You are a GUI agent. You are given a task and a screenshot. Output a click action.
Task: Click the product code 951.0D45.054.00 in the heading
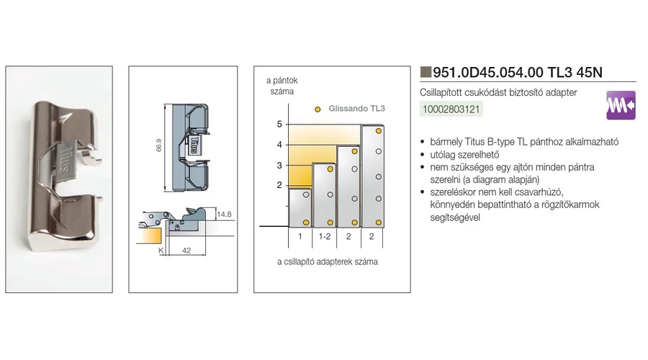tap(488, 72)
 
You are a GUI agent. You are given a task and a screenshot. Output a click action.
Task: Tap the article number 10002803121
tap(451, 109)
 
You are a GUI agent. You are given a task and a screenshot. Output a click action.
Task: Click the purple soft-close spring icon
tap(621, 105)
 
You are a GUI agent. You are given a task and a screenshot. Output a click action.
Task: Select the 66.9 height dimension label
tap(159, 145)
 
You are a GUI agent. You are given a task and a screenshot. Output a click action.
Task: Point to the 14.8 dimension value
tap(224, 214)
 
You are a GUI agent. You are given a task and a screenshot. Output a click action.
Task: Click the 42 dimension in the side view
tap(186, 251)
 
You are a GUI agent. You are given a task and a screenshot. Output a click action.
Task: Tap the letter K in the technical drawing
tap(161, 251)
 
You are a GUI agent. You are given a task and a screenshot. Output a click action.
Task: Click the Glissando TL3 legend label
tap(356, 109)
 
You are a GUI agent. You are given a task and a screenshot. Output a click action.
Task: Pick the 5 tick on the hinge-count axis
tap(279, 124)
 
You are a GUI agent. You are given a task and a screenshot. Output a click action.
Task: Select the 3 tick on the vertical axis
tap(279, 166)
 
